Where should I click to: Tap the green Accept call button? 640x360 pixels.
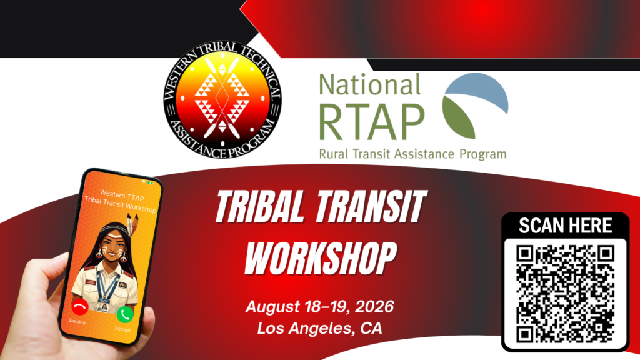tap(125, 314)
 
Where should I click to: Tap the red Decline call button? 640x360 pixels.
tap(79, 307)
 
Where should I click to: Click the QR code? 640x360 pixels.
tap(565, 294)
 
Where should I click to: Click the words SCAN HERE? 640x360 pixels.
tap(565, 226)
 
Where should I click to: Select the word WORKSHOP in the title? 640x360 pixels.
tap(321, 257)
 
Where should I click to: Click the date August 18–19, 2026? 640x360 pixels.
tap(319, 307)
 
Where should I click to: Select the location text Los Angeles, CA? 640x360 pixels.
tap(319, 328)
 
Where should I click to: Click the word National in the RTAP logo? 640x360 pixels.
tap(369, 84)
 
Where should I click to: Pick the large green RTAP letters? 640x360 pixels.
tap(371, 121)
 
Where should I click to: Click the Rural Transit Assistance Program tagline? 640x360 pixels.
tap(412, 154)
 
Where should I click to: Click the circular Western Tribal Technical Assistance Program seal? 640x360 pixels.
tap(222, 99)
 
